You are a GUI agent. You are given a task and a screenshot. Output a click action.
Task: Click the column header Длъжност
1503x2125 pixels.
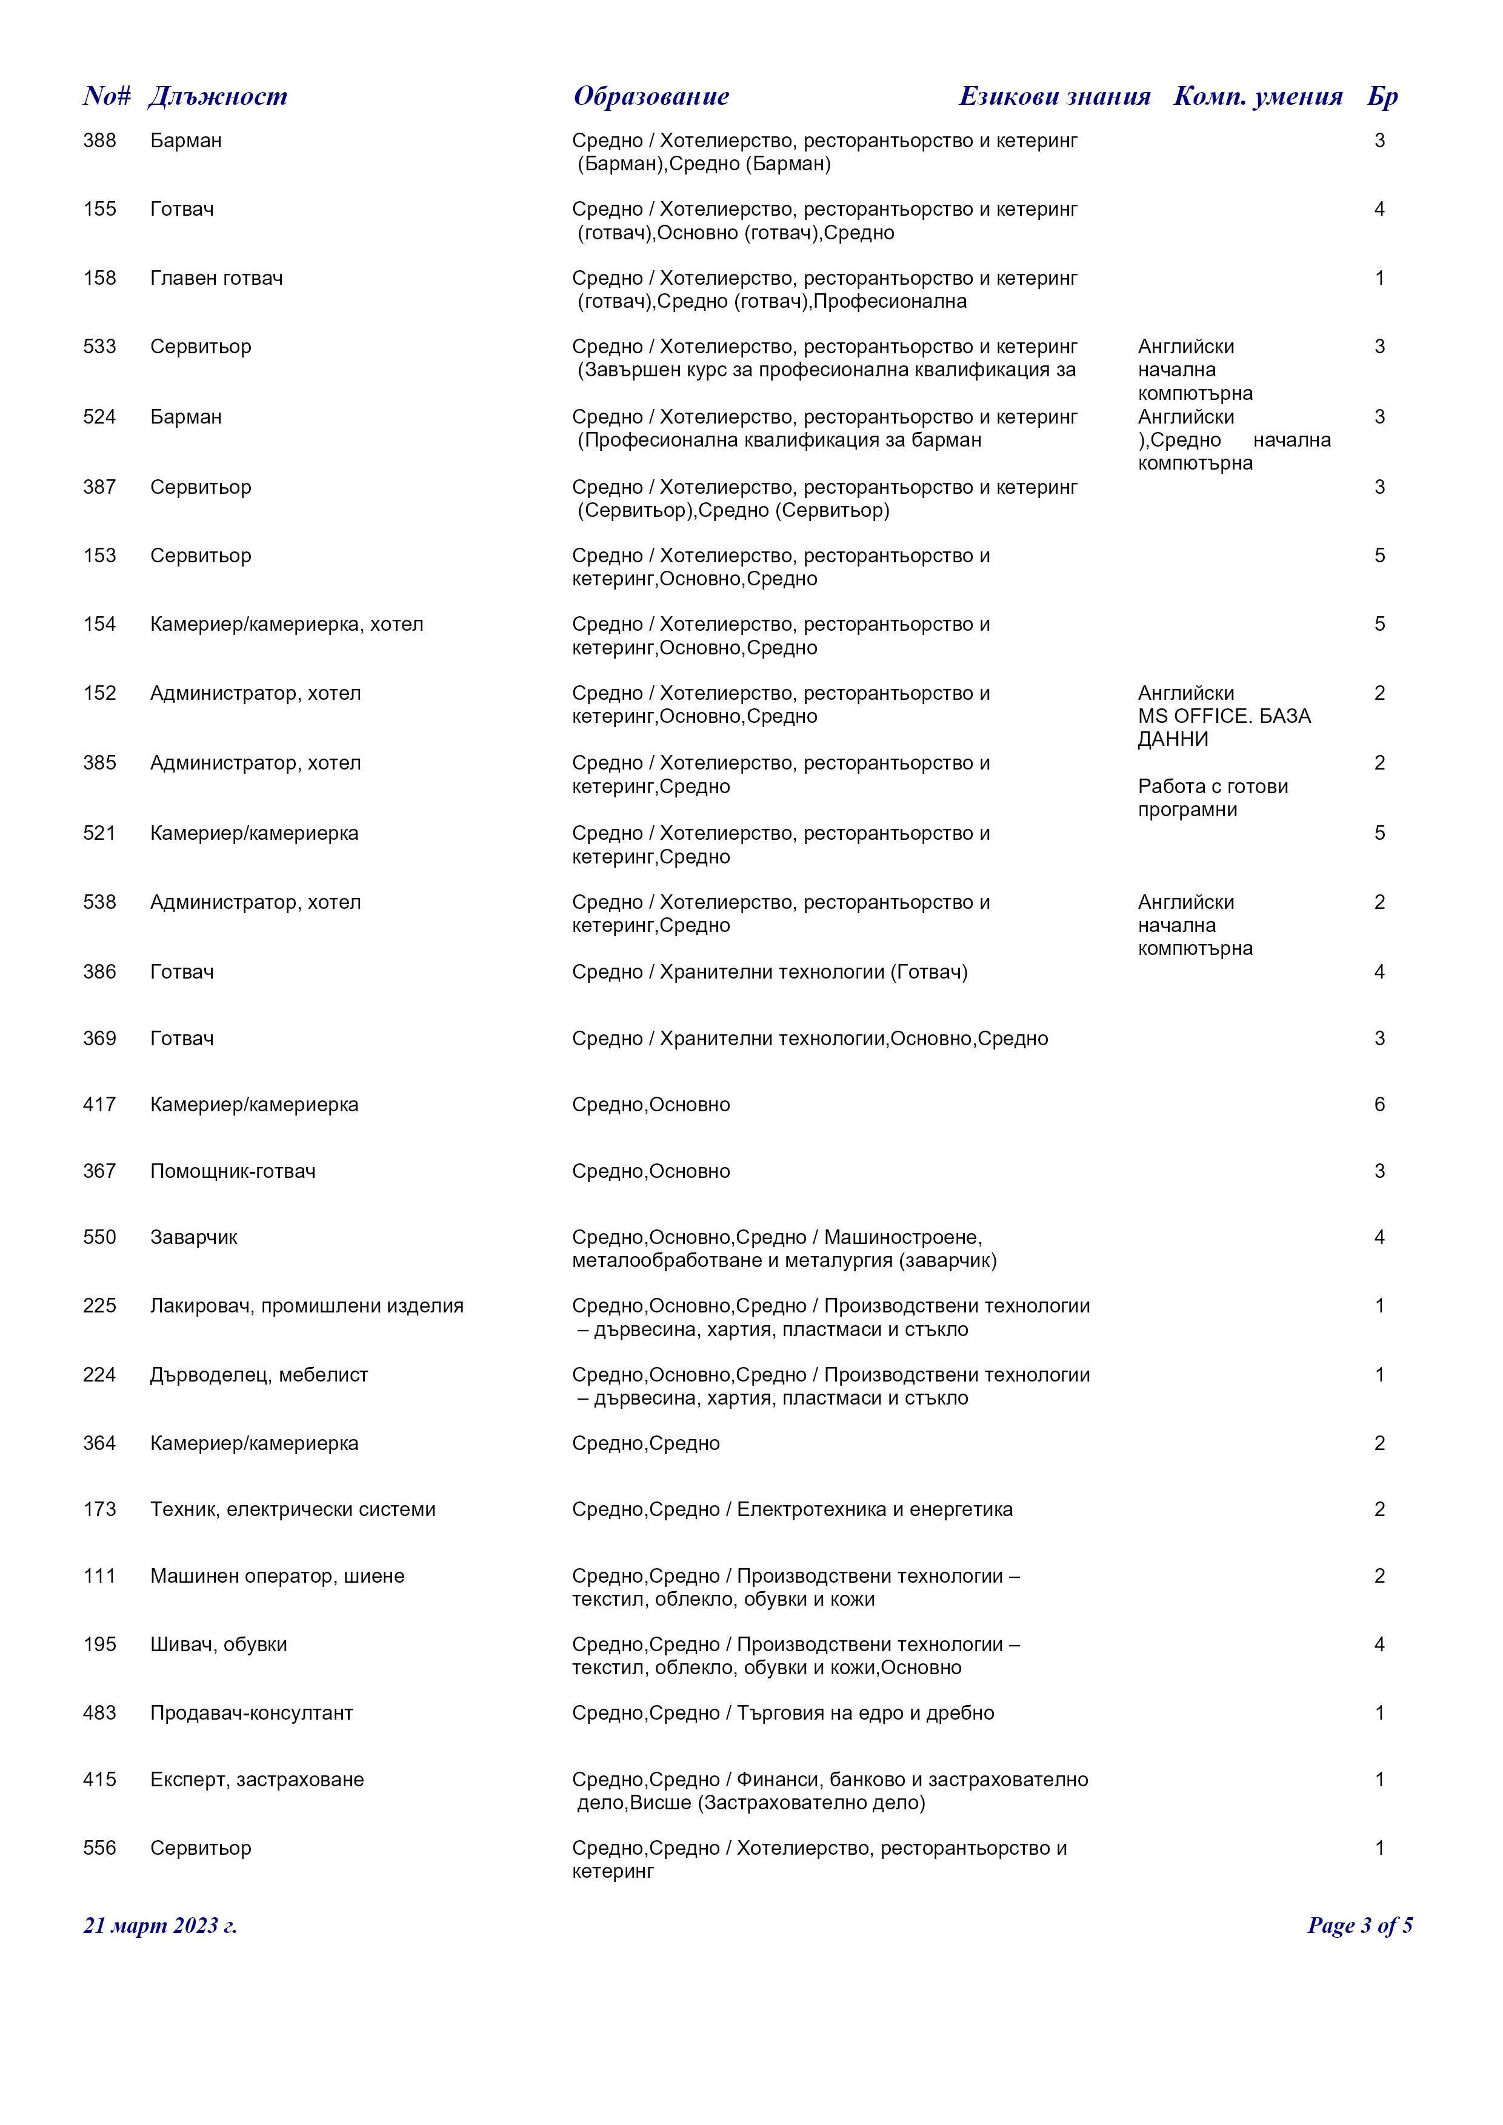coord(218,96)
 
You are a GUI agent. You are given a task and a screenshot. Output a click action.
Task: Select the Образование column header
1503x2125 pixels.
coord(651,96)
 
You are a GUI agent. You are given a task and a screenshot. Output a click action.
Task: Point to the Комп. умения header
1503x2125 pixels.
coord(1258,96)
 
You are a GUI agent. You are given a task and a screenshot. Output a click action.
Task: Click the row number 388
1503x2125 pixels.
coord(100,141)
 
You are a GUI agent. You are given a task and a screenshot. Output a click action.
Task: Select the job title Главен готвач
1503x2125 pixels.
coord(216,279)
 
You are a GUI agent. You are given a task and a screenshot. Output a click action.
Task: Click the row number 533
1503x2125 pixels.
coord(100,347)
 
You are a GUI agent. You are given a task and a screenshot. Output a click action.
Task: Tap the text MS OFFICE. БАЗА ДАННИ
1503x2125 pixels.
coord(1224,728)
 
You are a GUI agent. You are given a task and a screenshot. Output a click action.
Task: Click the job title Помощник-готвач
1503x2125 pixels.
coord(232,1172)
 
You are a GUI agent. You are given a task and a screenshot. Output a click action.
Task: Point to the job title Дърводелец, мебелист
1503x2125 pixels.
coord(259,1375)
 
